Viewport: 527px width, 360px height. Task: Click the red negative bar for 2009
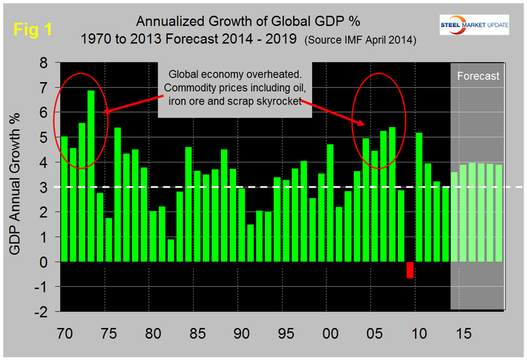pyautogui.click(x=410, y=270)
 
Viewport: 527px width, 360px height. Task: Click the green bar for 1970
pyautogui.click(x=64, y=199)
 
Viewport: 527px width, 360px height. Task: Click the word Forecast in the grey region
pyautogui.click(x=478, y=76)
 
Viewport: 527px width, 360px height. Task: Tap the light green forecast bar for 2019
pyautogui.click(x=498, y=213)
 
